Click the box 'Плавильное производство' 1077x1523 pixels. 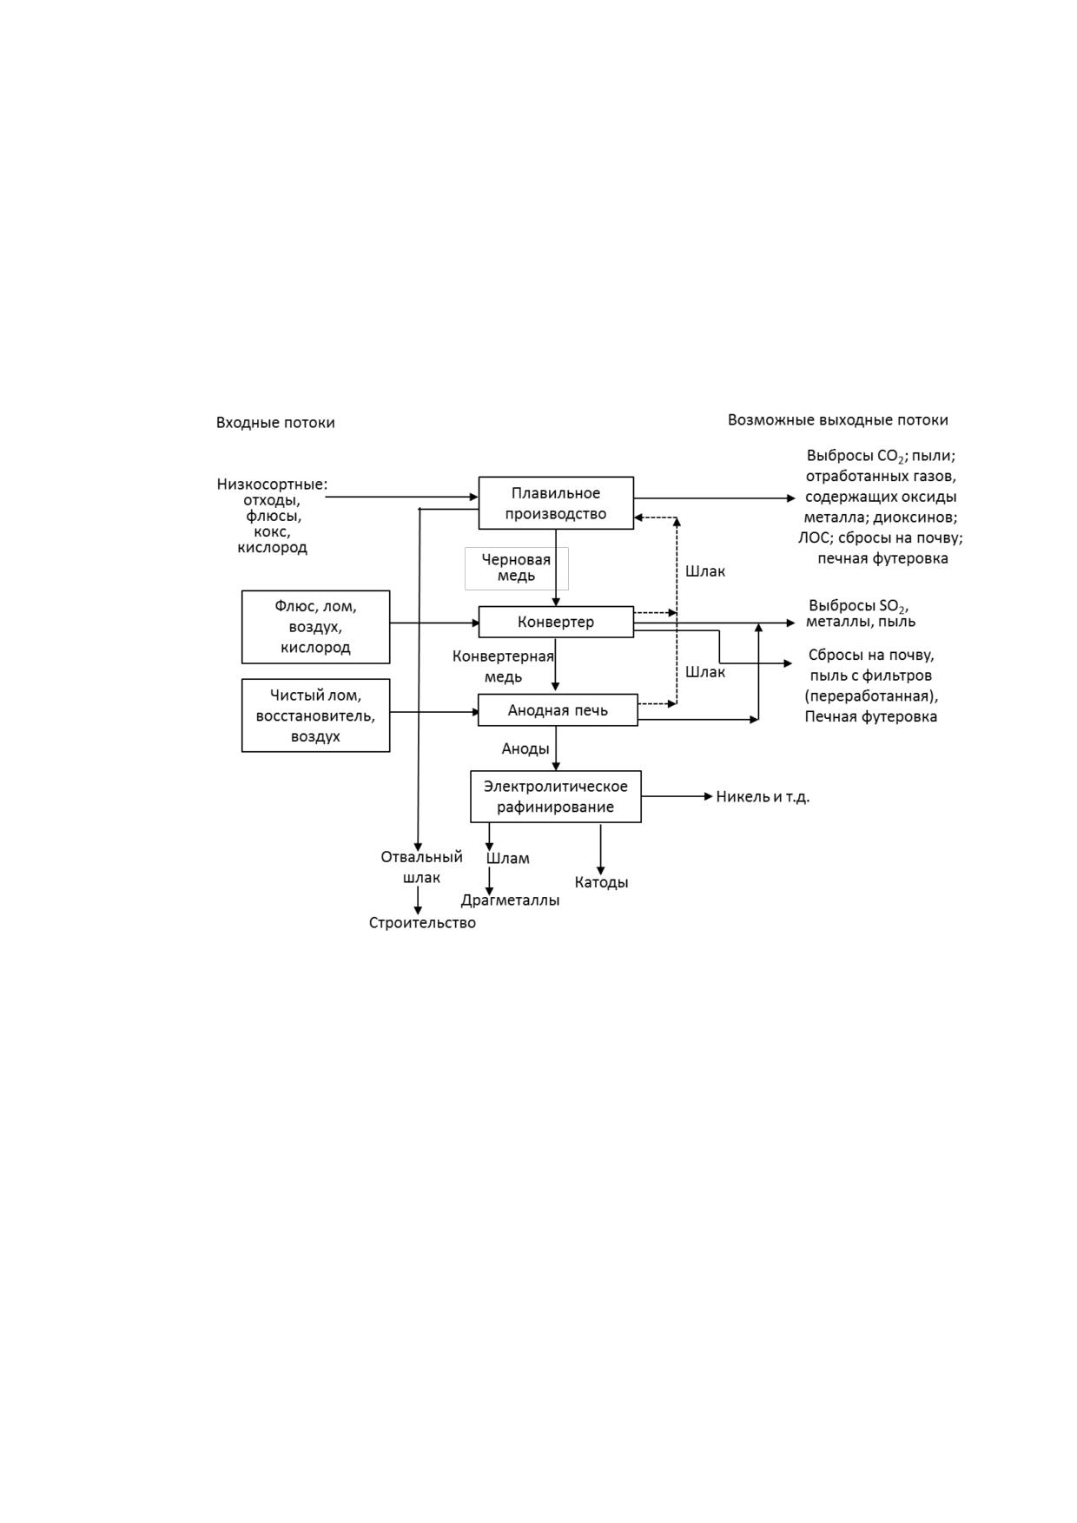pos(556,503)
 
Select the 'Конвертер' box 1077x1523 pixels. pos(556,622)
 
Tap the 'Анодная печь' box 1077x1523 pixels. pos(558,710)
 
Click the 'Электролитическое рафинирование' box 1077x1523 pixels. pos(556,796)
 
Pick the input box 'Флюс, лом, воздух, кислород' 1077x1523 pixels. pos(315,627)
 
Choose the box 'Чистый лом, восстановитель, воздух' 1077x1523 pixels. pos(315,715)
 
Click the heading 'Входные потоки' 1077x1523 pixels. pos(275,423)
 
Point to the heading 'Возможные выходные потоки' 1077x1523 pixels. pos(838,420)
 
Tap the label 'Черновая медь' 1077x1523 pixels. pos(517,568)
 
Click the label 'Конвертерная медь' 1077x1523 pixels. pos(503,666)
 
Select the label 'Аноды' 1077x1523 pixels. pos(525,748)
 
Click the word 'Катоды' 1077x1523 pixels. pos(601,882)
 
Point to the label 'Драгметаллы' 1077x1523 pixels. pos(510,900)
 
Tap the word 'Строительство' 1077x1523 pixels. pos(422,923)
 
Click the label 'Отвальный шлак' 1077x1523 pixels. pos(421,867)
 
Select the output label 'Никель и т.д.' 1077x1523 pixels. pos(763,797)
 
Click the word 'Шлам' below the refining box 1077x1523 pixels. pos(508,859)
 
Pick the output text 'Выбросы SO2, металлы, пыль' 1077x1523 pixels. pos(860,613)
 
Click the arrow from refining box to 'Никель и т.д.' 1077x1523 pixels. pos(677,796)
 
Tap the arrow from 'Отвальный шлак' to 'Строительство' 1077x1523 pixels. pos(418,900)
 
